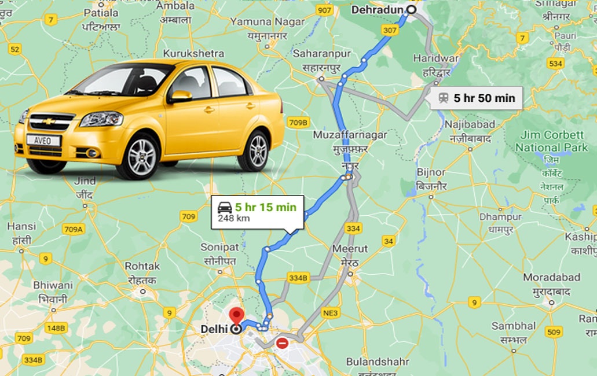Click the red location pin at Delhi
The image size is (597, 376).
[x=236, y=316]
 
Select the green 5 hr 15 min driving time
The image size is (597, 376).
[x=265, y=207]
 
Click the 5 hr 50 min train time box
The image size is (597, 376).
[x=477, y=98]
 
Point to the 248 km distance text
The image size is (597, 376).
[x=233, y=219]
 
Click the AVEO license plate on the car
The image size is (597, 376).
[x=43, y=141]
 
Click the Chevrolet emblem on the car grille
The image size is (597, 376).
[x=50, y=121]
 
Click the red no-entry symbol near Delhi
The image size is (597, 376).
[x=283, y=343]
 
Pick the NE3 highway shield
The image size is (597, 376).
[x=330, y=313]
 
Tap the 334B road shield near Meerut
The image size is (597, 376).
[x=297, y=278]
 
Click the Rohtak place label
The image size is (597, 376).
[x=142, y=266]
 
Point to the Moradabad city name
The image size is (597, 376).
[x=551, y=277]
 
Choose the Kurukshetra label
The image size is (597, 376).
[x=193, y=53]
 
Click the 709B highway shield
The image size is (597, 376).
[x=299, y=122]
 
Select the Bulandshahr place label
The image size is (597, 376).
[x=377, y=362]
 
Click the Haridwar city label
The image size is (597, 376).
[x=435, y=58]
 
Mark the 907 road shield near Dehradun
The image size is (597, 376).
[x=325, y=10]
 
